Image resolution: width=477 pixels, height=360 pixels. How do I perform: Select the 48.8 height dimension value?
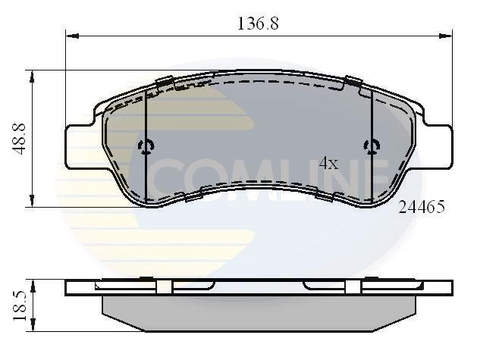(x=19, y=139)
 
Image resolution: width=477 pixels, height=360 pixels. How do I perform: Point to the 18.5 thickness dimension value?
(x=19, y=305)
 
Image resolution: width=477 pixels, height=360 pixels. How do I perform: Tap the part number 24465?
(x=421, y=206)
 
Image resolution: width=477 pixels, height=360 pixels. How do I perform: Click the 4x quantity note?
(x=328, y=163)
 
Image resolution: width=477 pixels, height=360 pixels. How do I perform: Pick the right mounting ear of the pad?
(x=438, y=146)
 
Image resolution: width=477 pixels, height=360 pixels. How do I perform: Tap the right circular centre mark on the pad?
(x=371, y=146)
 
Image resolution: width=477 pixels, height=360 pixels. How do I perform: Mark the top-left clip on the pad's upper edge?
(x=164, y=81)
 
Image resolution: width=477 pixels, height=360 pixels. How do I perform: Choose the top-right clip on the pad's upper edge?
(x=353, y=80)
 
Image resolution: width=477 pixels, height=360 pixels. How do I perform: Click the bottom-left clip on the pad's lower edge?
(x=193, y=196)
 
